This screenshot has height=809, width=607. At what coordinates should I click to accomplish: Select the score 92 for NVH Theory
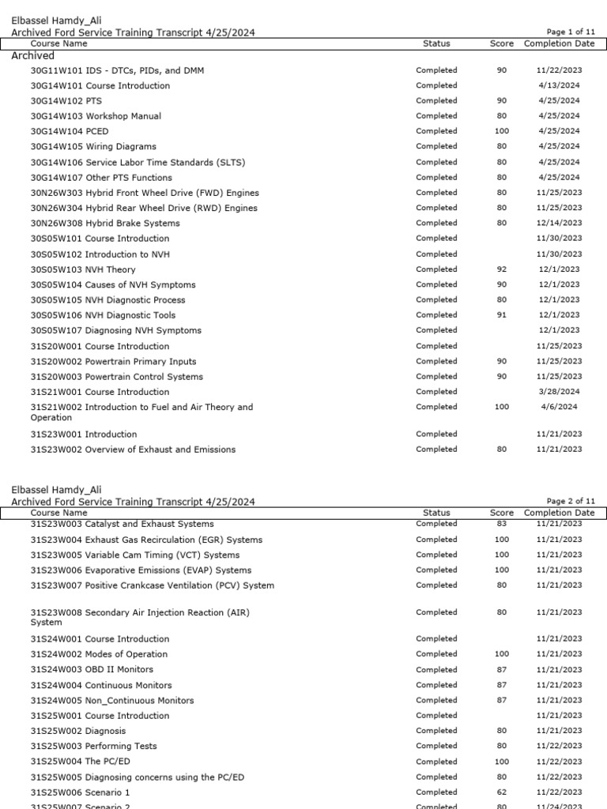click(x=502, y=269)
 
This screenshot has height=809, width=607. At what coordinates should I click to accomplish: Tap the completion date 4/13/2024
click(x=559, y=85)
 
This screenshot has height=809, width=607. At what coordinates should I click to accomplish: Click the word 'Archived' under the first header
click(x=33, y=56)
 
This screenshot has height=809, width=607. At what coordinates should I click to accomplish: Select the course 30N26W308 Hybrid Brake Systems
click(x=105, y=224)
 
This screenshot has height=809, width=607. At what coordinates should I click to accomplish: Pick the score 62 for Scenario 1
click(x=502, y=792)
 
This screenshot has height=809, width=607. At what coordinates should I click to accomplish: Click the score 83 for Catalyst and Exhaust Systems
click(x=502, y=524)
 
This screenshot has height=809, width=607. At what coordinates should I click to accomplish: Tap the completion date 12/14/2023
click(x=559, y=224)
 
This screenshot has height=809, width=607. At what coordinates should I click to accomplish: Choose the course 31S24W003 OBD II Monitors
click(x=92, y=670)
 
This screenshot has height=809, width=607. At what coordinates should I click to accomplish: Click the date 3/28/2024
click(x=559, y=392)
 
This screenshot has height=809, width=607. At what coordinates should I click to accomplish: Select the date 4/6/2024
click(x=559, y=407)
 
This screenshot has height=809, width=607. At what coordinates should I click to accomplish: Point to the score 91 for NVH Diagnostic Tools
click(x=502, y=315)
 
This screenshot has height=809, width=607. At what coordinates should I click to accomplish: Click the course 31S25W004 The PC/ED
click(x=81, y=762)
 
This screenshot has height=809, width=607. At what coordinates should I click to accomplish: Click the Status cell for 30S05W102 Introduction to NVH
click(x=436, y=254)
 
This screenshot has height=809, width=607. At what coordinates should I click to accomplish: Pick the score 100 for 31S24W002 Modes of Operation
click(x=502, y=654)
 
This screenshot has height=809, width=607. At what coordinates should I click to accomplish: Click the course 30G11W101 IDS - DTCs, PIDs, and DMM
click(x=117, y=70)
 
